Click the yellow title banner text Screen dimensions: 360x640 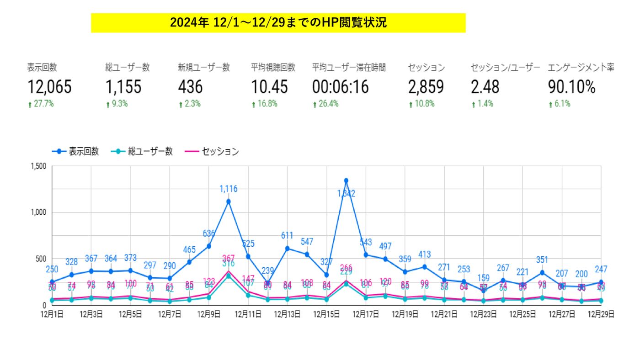coord(278,23)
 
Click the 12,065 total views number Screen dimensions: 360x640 coord(49,87)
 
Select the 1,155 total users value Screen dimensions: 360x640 coord(123,87)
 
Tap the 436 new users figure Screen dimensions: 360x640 coord(190,87)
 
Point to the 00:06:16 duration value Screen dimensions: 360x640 coord(341,87)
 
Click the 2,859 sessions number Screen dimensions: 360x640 coord(426,87)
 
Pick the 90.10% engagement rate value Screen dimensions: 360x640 coord(572,87)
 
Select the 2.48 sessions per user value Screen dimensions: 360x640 coord(485,87)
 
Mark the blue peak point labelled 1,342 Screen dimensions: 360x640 coord(346,180)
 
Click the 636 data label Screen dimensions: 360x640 coord(209,233)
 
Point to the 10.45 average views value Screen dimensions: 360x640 coord(270,87)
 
